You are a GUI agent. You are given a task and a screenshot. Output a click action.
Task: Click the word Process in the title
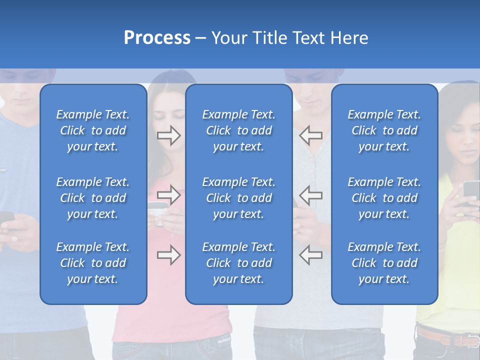pos(157,38)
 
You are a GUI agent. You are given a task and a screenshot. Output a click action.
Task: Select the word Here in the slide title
pos(348,38)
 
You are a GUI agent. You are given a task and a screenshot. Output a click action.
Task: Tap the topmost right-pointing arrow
pos(169,135)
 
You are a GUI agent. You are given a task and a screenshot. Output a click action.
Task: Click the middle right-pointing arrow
pos(169,195)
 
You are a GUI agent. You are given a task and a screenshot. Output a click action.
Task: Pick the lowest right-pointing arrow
pos(169,255)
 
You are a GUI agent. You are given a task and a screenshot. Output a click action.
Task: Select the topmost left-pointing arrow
pos(310,135)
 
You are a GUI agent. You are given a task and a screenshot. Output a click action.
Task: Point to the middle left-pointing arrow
pos(310,195)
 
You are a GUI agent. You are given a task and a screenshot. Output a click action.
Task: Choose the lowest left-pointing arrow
pos(310,255)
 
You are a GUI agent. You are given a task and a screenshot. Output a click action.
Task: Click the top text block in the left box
pos(93,130)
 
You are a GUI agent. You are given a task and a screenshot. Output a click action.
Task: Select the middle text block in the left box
pos(93,198)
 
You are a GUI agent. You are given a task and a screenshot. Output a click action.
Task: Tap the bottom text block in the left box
pos(93,263)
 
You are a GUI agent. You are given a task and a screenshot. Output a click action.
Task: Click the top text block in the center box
pos(238,130)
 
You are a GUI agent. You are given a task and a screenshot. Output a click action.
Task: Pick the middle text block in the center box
pos(238,198)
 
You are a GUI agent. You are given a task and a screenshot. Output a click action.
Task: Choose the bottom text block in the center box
pos(238,263)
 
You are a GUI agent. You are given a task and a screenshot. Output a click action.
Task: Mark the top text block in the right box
pos(384,130)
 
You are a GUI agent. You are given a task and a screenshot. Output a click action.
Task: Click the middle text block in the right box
pos(384,198)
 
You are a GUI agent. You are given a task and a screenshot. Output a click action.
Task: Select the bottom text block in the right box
pos(384,263)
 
